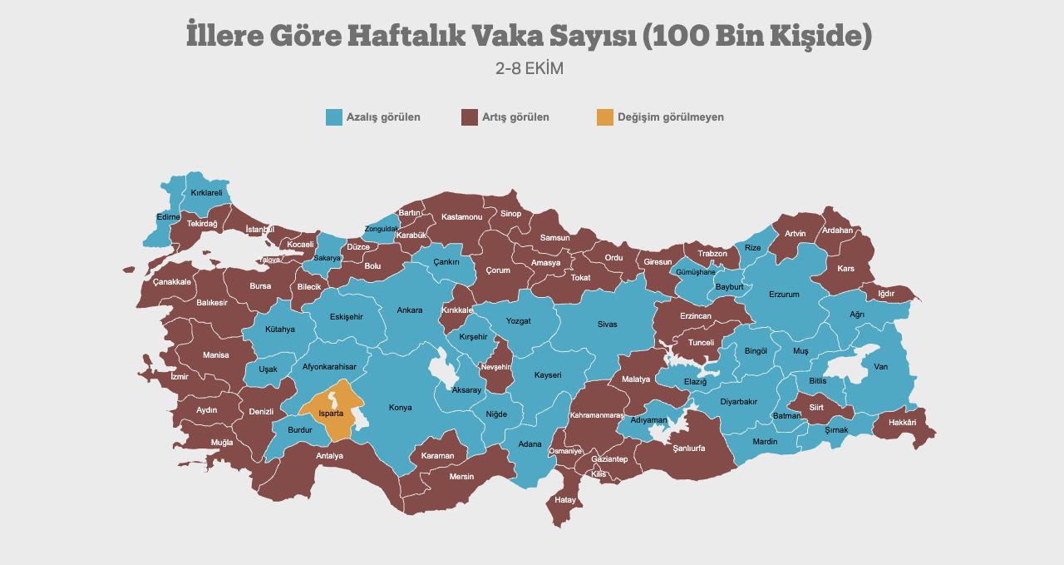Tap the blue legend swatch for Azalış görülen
tap(334, 117)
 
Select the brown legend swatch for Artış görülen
tap(470, 117)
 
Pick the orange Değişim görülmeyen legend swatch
tap(605, 117)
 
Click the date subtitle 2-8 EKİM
tap(530, 69)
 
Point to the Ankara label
tap(409, 310)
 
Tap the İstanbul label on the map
tap(259, 229)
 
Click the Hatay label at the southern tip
tap(565, 500)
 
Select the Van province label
tap(880, 367)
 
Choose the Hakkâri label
tap(902, 423)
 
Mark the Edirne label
tap(168, 217)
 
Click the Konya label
tap(401, 408)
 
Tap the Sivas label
tap(608, 324)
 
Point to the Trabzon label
tap(712, 254)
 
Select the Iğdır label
tap(886, 294)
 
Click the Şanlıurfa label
tap(688, 448)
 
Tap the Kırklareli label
tap(207, 192)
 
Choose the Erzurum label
tap(784, 294)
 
